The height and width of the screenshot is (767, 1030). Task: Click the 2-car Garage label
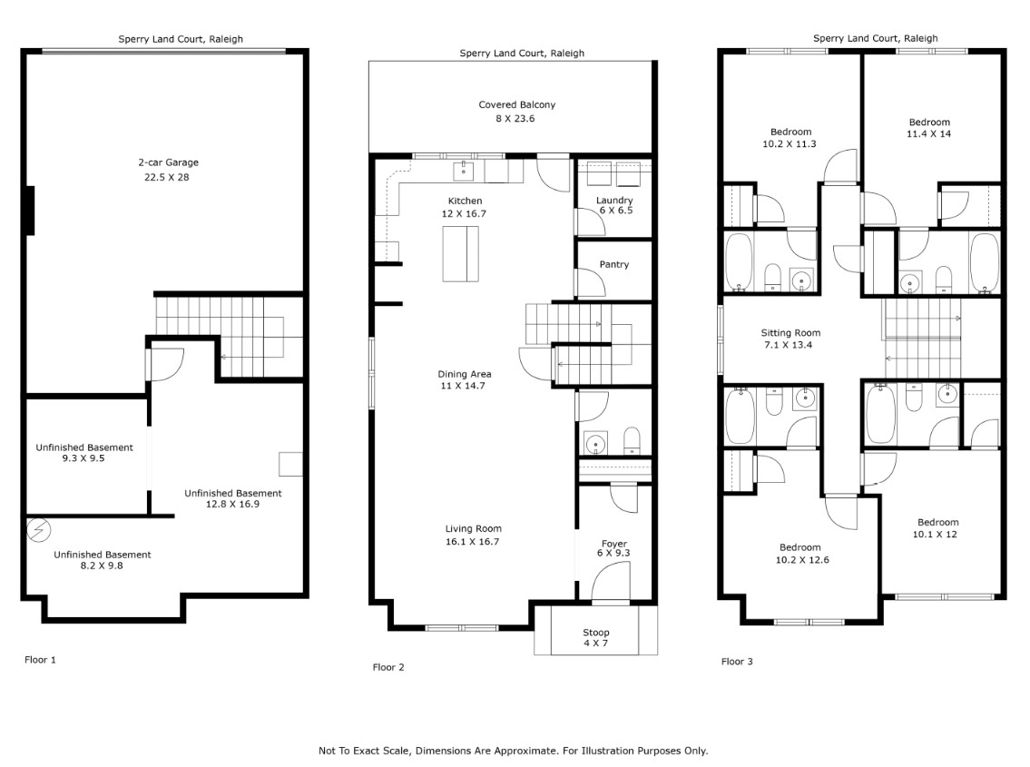[x=168, y=162]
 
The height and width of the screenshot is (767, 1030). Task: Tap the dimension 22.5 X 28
[x=167, y=177]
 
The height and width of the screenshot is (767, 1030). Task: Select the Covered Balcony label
[x=517, y=104]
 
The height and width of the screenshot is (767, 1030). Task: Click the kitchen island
[x=460, y=253]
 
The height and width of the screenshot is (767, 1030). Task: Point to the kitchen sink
[x=464, y=171]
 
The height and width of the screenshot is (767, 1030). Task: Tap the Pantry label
[x=614, y=264]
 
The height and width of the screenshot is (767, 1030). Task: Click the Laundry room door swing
[x=591, y=221]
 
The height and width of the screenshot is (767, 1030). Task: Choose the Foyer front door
[x=610, y=580]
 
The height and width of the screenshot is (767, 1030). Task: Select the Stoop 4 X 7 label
[x=596, y=637]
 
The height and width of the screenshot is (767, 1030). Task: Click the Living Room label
[x=473, y=528]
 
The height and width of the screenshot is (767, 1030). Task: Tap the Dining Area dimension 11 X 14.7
[x=463, y=386]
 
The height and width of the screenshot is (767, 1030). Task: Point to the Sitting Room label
[x=790, y=332]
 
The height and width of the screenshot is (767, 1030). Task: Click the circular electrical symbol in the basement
[x=39, y=530]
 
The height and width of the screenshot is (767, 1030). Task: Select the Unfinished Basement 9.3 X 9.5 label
[x=84, y=452]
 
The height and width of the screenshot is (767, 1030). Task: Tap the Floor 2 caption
[x=388, y=667]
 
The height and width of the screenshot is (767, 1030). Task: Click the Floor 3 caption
[x=737, y=661]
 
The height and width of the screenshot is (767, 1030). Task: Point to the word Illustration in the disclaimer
[x=603, y=751]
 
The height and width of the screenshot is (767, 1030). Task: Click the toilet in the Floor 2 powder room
[x=632, y=441]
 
